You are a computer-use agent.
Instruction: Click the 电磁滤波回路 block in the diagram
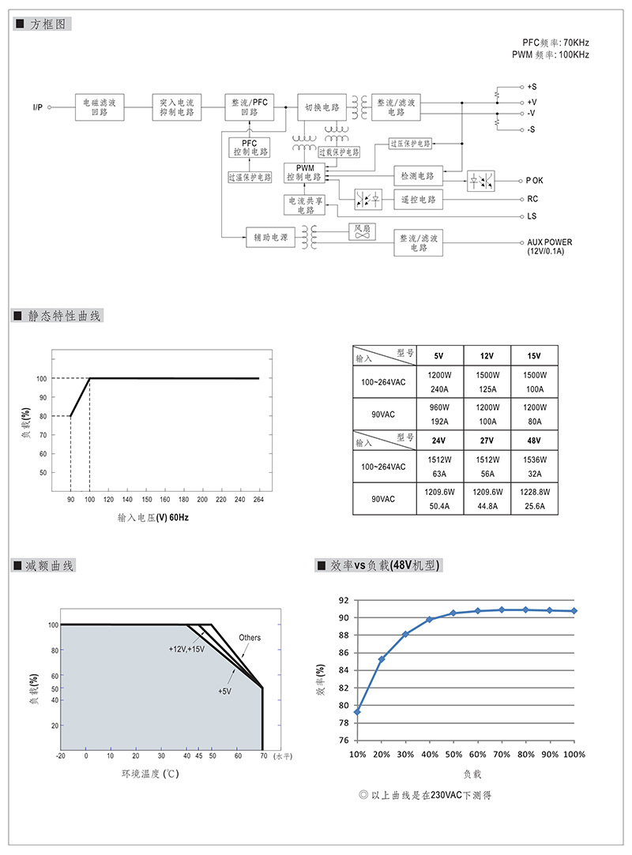(x=100, y=107)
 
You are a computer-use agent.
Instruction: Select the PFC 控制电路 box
(x=250, y=147)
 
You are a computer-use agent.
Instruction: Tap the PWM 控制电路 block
(x=304, y=172)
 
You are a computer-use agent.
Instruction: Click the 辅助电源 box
(x=271, y=237)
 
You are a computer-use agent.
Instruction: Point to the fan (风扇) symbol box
(x=363, y=231)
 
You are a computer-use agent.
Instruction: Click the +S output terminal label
(x=532, y=87)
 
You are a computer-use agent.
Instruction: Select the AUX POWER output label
(x=550, y=246)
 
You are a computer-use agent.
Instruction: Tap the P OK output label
(x=534, y=181)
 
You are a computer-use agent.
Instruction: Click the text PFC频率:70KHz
(x=555, y=43)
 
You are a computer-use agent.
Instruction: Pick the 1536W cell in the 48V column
(x=535, y=459)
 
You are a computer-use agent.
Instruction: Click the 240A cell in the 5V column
(x=439, y=389)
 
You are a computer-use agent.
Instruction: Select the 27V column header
(x=487, y=441)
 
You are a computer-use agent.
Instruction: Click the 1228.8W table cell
(x=535, y=492)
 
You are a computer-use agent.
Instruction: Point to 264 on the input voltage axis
(x=258, y=499)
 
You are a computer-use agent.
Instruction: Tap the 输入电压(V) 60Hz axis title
(x=153, y=517)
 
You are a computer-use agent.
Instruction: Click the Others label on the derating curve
(x=250, y=637)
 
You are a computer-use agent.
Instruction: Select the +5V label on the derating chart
(x=225, y=691)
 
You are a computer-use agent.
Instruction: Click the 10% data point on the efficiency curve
(x=358, y=712)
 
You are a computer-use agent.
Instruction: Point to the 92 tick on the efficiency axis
(x=344, y=600)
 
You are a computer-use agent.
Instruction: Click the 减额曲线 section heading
(x=49, y=566)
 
